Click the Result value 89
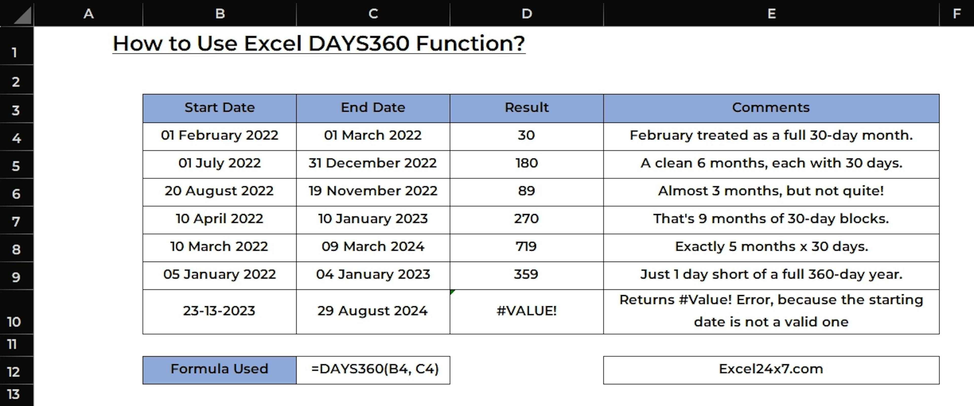coord(526,191)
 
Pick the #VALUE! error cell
coord(526,312)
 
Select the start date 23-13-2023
coord(219,311)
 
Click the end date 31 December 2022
coord(372,163)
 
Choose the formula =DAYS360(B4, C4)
coord(375,369)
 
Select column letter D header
coord(527,14)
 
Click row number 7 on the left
coord(16,221)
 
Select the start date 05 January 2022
coord(219,275)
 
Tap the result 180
coord(526,163)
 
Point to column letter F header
coord(956,14)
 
